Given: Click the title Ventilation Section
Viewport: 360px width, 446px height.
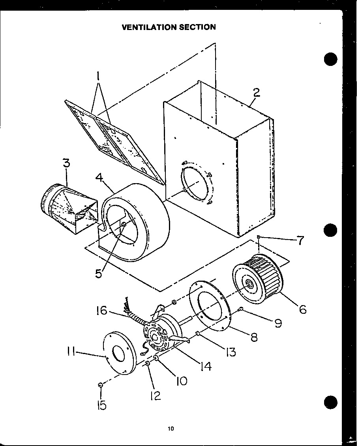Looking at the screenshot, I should pyautogui.click(x=169, y=27).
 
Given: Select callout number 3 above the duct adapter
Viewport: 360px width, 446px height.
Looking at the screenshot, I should pyautogui.click(x=66, y=164).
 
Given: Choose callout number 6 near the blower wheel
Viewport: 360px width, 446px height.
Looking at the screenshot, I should pyautogui.click(x=302, y=309).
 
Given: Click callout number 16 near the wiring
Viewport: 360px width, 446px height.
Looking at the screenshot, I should pyautogui.click(x=102, y=311).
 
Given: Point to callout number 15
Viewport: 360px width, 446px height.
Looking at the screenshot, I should pyautogui.click(x=102, y=405).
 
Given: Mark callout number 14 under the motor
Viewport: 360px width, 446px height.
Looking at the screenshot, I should pyautogui.click(x=205, y=366).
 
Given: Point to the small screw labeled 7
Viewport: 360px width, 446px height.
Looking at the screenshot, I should pyautogui.click(x=258, y=237).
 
